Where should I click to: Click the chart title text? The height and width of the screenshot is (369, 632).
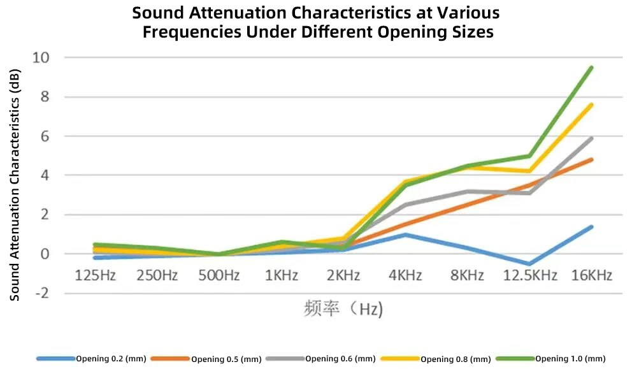tap(316, 22)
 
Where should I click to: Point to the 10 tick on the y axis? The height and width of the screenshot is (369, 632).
tap(42, 58)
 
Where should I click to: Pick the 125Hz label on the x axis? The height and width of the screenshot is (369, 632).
tap(96, 275)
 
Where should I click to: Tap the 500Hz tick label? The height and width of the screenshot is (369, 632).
tap(219, 275)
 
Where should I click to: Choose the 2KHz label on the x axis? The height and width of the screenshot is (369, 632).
tap(343, 275)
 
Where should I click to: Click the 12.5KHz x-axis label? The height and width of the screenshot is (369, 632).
tap(530, 275)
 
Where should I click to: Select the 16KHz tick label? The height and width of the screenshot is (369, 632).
tap(592, 275)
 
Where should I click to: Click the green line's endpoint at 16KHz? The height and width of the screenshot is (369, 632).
tap(592, 68)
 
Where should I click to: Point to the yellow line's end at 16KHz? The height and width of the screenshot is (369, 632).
tap(592, 105)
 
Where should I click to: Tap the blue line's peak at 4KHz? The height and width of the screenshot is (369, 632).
tap(406, 235)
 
